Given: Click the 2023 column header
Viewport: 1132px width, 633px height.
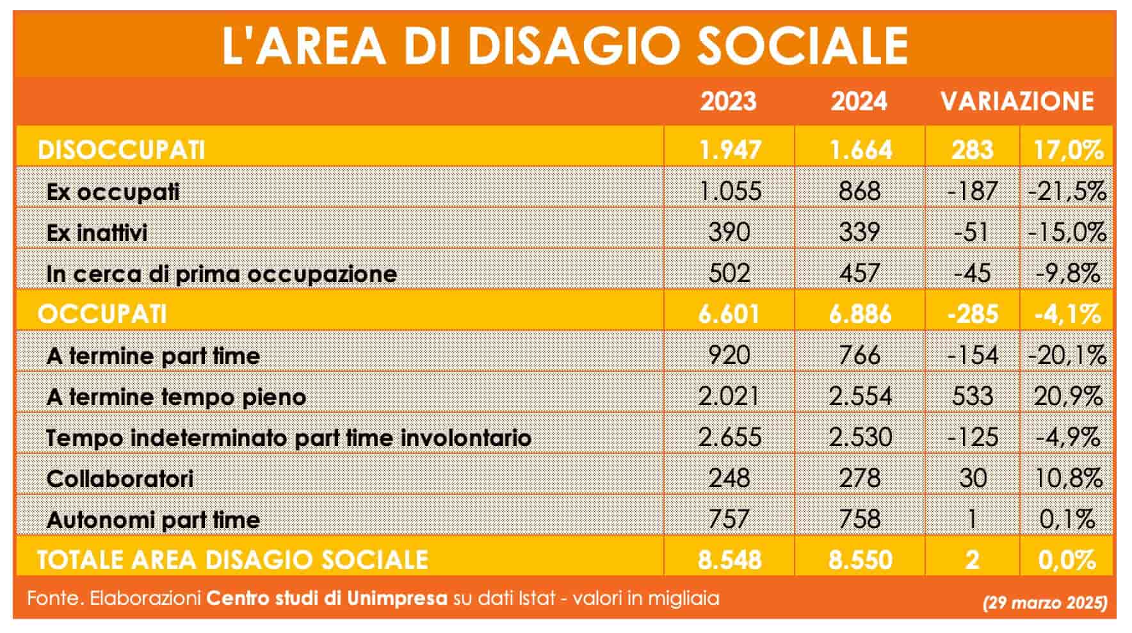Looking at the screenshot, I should [728, 101].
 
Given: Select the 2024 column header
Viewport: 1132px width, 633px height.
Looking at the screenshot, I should [859, 101].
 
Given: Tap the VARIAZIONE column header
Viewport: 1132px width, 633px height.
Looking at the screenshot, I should [1017, 101].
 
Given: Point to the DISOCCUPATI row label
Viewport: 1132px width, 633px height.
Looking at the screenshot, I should [122, 150].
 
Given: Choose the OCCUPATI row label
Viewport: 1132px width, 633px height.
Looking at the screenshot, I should [102, 314].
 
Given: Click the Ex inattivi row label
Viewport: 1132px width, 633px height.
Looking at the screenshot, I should [97, 232].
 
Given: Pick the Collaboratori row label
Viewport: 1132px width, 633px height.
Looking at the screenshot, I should [120, 478].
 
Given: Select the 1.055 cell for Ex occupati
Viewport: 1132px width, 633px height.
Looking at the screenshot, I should [729, 191].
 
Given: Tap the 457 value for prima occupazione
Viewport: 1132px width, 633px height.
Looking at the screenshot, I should [859, 273].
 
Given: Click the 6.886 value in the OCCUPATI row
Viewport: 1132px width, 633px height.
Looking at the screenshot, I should [859, 314].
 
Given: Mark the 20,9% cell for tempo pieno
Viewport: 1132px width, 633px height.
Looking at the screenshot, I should [1067, 396].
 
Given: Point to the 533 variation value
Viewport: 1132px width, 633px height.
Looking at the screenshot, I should [972, 396].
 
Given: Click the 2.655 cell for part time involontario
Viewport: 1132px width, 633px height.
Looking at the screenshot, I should [729, 437].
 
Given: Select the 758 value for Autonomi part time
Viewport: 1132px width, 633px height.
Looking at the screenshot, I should [859, 519].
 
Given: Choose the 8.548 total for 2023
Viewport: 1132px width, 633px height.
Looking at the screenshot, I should [729, 560].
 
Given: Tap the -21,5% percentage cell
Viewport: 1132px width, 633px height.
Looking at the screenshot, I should [1067, 191].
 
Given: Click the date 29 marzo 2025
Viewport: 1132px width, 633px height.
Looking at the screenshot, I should [1045, 603].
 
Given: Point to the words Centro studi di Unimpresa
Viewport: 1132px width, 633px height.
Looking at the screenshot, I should [327, 598].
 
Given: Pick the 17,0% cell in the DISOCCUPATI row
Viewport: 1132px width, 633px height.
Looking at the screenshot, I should [1068, 150].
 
